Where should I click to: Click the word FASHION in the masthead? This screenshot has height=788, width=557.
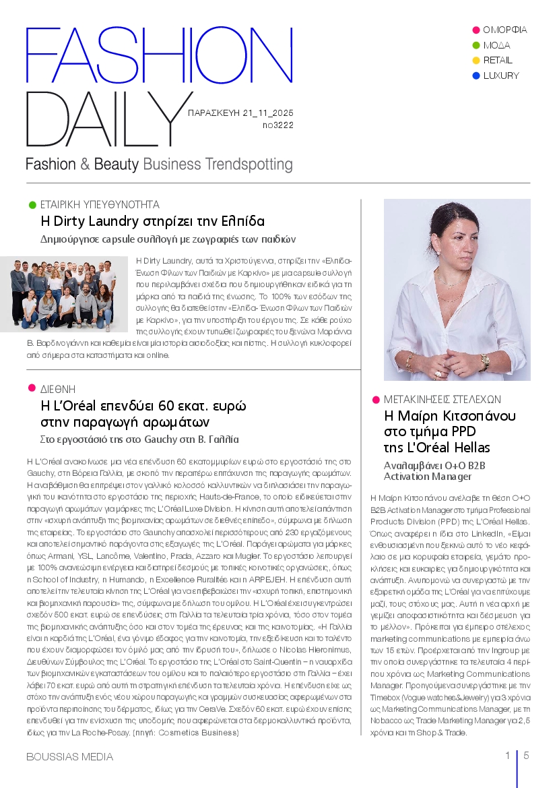click(159, 57)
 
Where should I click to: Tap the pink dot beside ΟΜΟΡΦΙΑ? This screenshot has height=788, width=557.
click(476, 30)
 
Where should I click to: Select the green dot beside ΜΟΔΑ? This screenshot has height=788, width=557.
click(476, 45)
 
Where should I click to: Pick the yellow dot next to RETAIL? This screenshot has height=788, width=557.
click(476, 61)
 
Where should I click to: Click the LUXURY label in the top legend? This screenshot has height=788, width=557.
click(501, 75)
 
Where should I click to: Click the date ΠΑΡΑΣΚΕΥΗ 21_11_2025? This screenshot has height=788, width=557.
click(240, 113)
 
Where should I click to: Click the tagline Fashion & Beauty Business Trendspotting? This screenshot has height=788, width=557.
click(159, 164)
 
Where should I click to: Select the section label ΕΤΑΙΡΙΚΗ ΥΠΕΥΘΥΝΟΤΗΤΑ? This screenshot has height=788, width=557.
click(100, 204)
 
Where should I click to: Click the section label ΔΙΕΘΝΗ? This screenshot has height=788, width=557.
click(58, 390)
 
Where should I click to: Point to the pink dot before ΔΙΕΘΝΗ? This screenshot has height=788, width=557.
click(31, 388)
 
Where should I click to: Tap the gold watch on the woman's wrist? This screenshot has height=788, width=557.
click(484, 363)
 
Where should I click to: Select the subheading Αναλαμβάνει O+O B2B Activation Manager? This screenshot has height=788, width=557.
click(430, 471)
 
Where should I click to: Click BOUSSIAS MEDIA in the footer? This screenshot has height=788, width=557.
click(69, 757)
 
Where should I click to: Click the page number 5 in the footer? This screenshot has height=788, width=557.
click(526, 756)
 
